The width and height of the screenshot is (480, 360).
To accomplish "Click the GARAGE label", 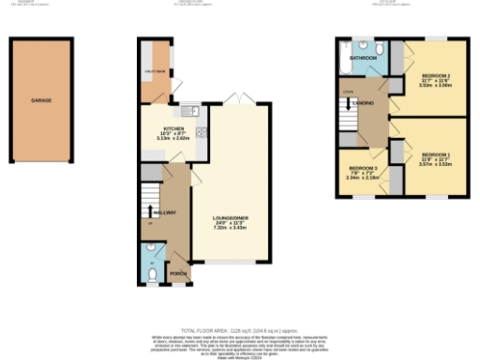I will tap(41, 98).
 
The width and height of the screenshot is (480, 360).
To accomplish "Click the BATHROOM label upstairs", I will tap(363, 58).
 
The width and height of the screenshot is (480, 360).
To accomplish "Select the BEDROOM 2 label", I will tap(437, 74).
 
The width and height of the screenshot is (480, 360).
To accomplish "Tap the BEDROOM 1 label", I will tap(435, 154).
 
